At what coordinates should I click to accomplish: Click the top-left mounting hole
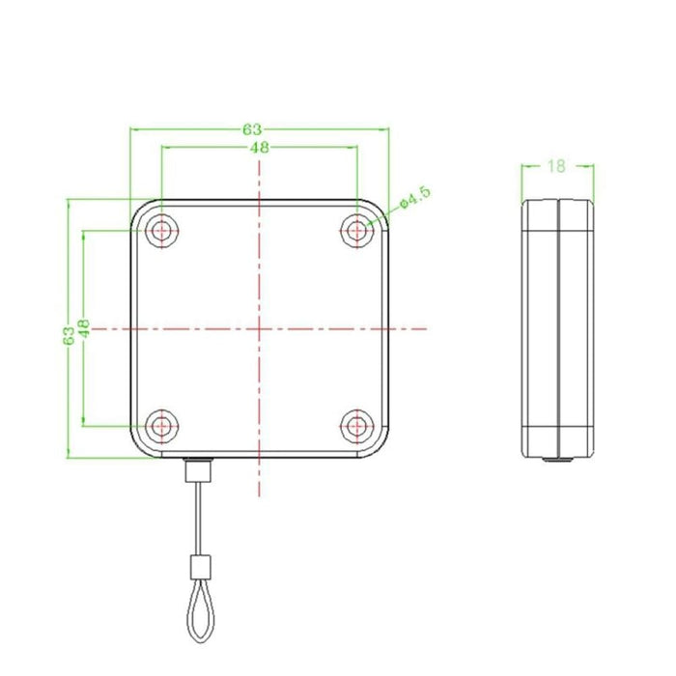click(x=162, y=230)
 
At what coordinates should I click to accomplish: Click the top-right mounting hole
click(x=358, y=230)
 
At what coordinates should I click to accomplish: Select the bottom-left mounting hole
click(x=162, y=424)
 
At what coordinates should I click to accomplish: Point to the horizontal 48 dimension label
click(x=259, y=148)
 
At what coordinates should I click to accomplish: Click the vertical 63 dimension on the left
click(x=68, y=334)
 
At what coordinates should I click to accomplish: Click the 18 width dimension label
click(x=555, y=165)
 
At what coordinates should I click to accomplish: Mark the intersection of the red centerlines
click(x=260, y=328)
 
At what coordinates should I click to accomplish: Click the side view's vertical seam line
click(x=557, y=328)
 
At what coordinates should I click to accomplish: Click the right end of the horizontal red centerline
click(x=426, y=328)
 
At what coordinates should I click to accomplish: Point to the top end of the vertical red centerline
click(x=260, y=157)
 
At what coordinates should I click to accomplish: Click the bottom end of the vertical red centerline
click(x=260, y=497)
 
